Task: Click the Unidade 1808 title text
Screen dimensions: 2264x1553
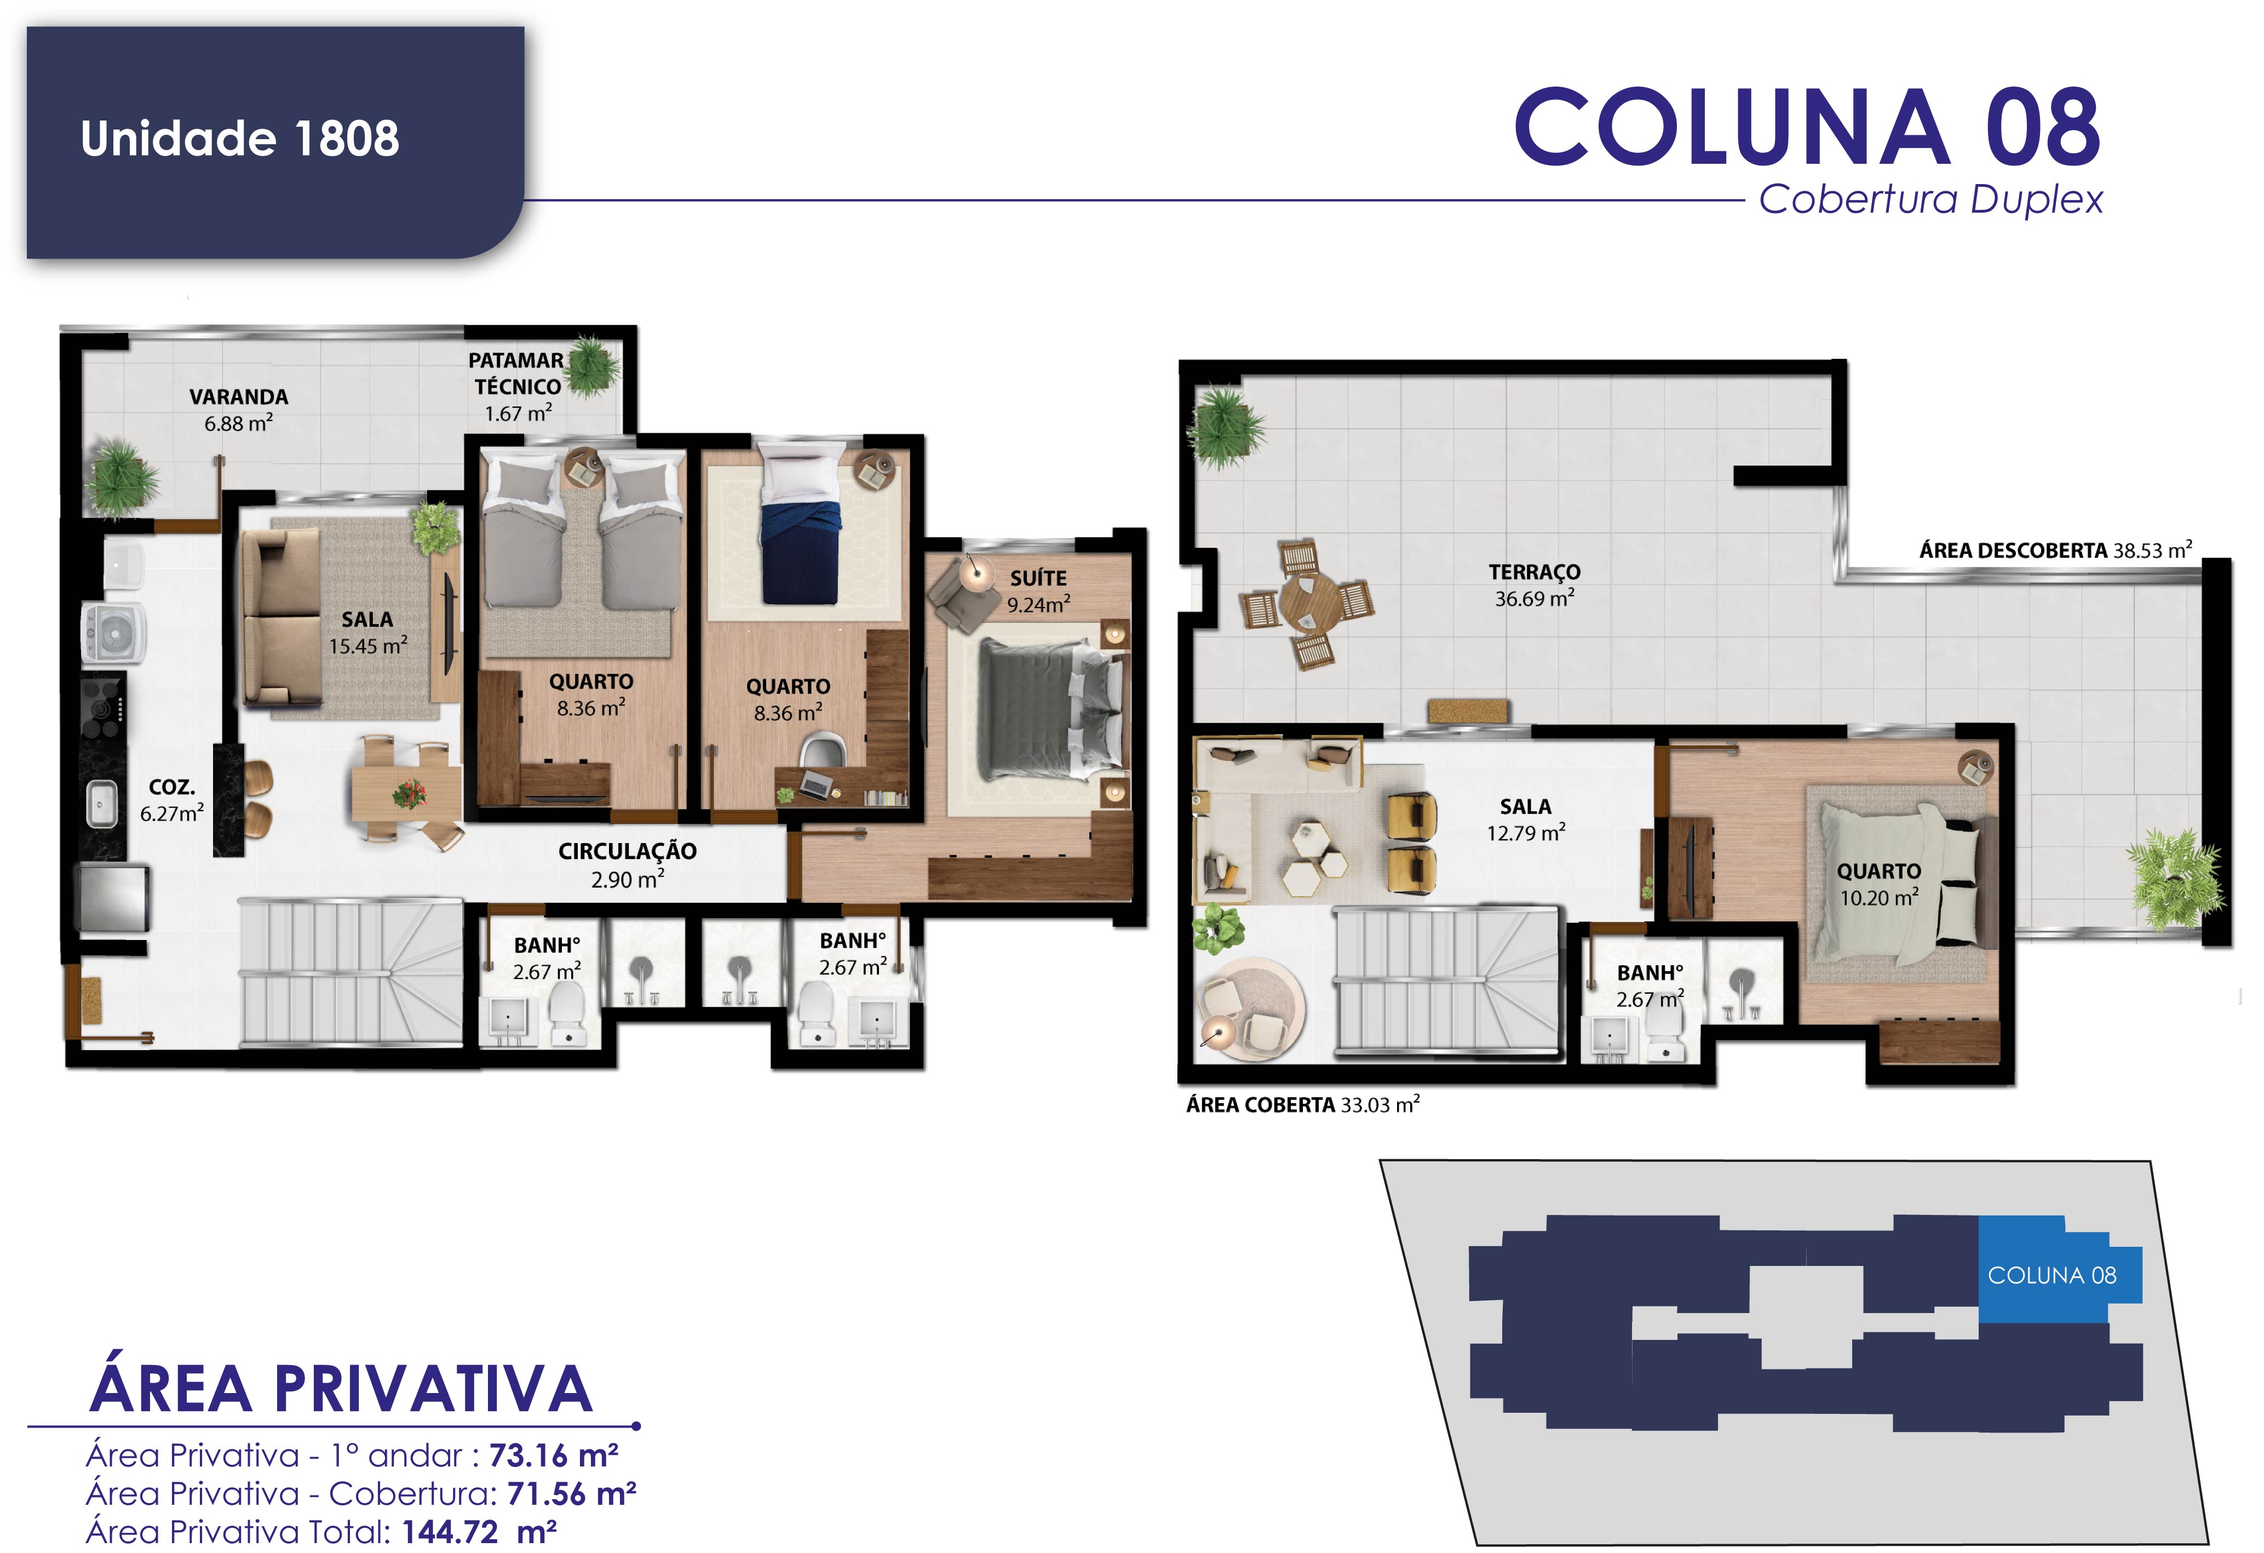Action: click(240, 139)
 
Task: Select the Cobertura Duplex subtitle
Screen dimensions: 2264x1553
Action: click(1931, 200)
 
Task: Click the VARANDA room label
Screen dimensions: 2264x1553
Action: click(239, 397)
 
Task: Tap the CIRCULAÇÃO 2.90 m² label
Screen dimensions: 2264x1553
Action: click(628, 865)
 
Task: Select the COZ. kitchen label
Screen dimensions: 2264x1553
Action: click(173, 786)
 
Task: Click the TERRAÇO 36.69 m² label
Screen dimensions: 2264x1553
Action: click(1535, 584)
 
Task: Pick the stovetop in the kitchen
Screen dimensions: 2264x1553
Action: click(104, 708)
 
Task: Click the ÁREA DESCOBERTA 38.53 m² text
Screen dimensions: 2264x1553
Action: click(2055, 551)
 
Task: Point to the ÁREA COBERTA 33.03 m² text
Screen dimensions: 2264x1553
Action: click(1302, 1105)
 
